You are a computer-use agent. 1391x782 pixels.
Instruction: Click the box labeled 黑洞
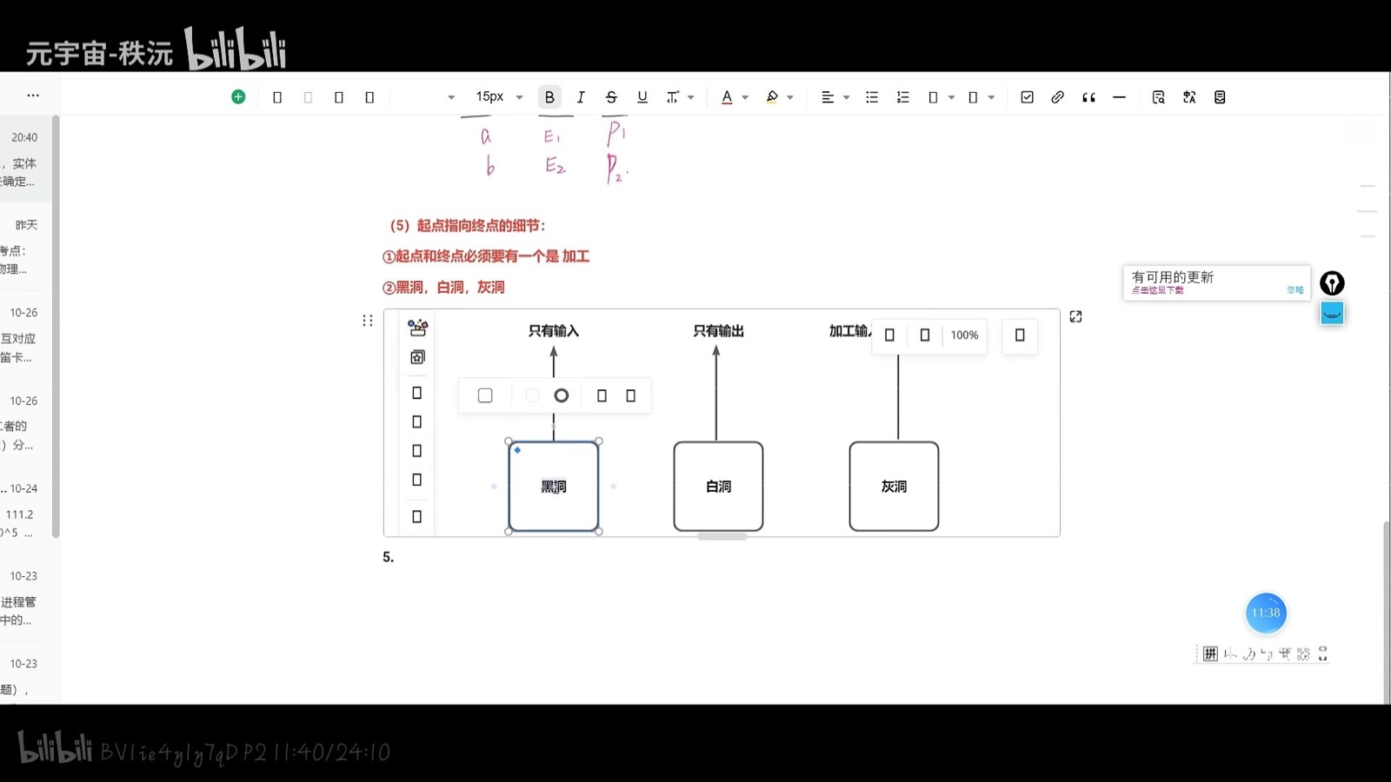point(553,487)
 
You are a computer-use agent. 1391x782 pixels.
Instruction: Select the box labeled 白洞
point(718,487)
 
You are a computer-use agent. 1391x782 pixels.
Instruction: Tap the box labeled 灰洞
point(894,487)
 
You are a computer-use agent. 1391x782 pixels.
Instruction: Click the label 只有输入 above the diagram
point(554,331)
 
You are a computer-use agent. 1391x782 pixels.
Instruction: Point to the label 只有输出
point(718,331)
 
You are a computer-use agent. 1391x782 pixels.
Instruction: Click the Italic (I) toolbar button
point(581,97)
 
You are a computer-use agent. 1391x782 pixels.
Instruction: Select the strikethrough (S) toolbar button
point(611,97)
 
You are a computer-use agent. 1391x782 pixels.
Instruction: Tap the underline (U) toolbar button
point(642,97)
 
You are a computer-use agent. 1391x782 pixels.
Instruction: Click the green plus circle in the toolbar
point(238,96)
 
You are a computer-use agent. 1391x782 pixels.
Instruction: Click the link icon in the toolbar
point(1057,97)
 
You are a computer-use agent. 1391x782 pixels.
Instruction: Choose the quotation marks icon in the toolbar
point(1088,97)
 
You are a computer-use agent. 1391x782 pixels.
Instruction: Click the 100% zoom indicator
point(964,335)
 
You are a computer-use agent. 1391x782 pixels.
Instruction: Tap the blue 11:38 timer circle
point(1266,613)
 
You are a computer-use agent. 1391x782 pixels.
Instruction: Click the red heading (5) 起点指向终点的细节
point(468,226)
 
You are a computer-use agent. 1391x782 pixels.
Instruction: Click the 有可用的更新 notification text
point(1173,277)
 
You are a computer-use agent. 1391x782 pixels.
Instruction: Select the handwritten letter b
point(490,166)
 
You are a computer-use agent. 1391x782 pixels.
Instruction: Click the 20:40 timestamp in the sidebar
point(24,137)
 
